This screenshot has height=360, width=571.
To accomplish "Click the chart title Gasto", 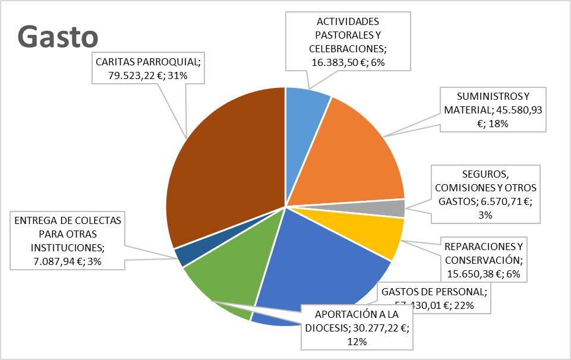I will (x=58, y=37).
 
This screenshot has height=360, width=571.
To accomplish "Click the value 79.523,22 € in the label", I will (x=125, y=75).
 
